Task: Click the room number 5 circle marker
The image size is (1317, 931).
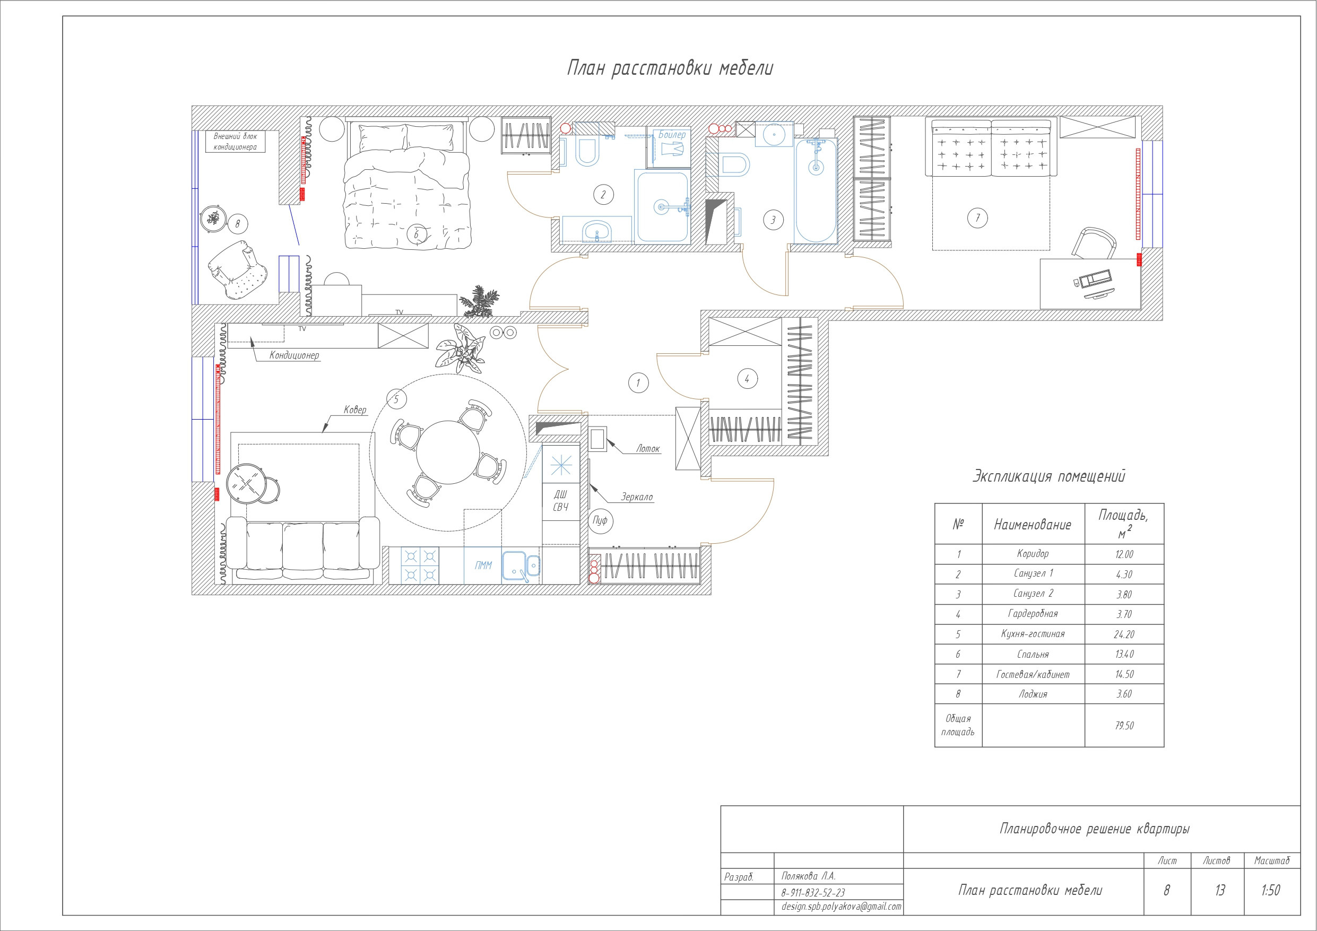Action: point(396,399)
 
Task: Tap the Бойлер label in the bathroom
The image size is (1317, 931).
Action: point(672,135)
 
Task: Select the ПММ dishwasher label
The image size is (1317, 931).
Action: point(483,565)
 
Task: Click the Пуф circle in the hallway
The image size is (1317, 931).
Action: point(600,520)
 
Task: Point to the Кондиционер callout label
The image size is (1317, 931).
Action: point(294,355)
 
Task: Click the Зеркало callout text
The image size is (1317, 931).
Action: point(637,497)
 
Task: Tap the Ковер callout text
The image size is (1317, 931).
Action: point(354,410)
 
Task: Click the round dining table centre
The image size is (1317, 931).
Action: point(448,453)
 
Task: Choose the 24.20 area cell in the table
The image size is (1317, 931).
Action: point(1124,634)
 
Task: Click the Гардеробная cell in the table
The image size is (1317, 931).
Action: point(1033,613)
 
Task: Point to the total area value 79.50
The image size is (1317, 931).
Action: point(1124,725)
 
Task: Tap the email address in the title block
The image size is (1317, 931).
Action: point(841,907)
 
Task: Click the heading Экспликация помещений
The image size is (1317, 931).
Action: point(1049,476)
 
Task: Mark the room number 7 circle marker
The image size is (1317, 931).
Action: point(977,218)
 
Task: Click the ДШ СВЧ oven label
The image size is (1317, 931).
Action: point(560,500)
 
